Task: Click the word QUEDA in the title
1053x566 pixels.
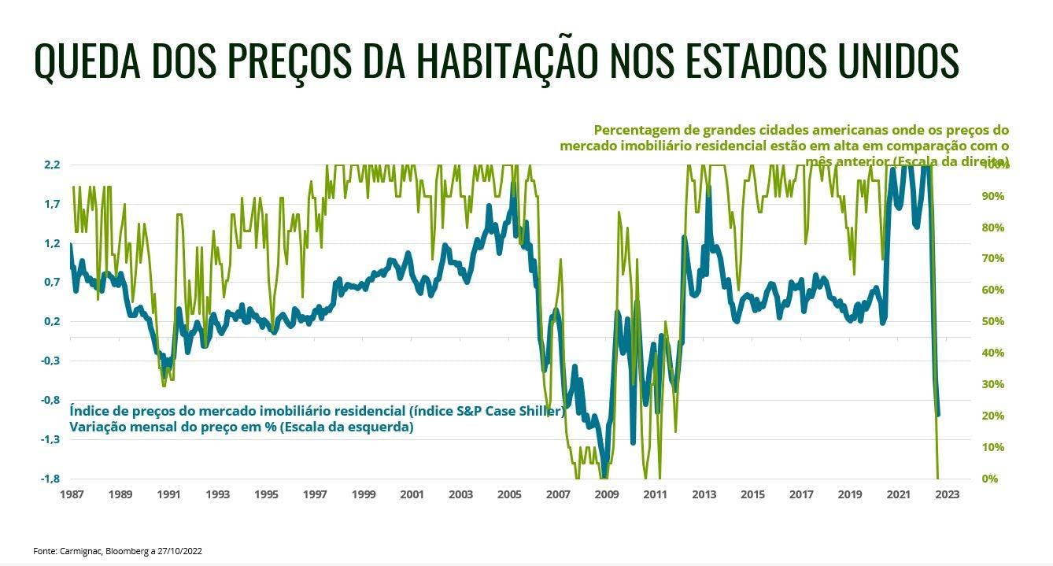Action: click(x=89, y=60)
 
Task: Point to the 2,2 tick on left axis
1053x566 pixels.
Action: click(x=52, y=165)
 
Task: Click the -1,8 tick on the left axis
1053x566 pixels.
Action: click(x=50, y=479)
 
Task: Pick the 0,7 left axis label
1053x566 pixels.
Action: click(x=52, y=283)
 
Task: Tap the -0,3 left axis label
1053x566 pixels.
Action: click(x=50, y=361)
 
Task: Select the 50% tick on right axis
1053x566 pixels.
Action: click(x=992, y=322)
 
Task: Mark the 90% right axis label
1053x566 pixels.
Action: click(x=992, y=196)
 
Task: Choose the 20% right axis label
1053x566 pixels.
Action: click(x=992, y=416)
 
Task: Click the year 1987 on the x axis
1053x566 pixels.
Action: click(x=71, y=495)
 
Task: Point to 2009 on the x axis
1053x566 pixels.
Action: click(x=606, y=495)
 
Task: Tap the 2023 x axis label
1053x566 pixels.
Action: click(x=946, y=495)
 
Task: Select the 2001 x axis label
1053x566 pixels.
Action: click(x=412, y=495)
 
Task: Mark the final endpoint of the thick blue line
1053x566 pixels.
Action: click(x=938, y=414)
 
